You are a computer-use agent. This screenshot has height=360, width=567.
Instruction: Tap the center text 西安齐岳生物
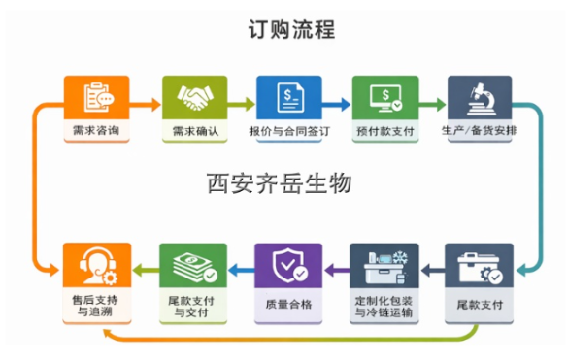click(279, 182)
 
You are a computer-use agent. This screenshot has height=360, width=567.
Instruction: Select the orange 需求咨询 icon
click(96, 96)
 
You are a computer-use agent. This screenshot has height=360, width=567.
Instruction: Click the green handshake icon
click(193, 96)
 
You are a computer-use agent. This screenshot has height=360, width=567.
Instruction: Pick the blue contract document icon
click(288, 96)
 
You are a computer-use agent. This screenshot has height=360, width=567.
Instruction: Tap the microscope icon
click(479, 96)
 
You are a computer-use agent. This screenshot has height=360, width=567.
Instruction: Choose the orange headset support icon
click(96, 264)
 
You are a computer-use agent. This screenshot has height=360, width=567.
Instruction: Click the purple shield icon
click(288, 264)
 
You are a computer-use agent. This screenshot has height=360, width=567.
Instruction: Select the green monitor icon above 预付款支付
click(384, 96)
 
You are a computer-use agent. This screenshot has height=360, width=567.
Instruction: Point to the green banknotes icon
click(192, 264)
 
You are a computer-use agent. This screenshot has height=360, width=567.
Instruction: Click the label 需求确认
click(192, 130)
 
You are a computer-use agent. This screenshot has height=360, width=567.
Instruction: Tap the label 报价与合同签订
click(288, 130)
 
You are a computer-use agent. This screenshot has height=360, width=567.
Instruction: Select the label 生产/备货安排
click(479, 130)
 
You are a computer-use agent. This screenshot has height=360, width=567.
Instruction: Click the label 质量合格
click(288, 305)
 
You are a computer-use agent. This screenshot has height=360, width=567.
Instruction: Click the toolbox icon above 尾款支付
click(479, 264)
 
